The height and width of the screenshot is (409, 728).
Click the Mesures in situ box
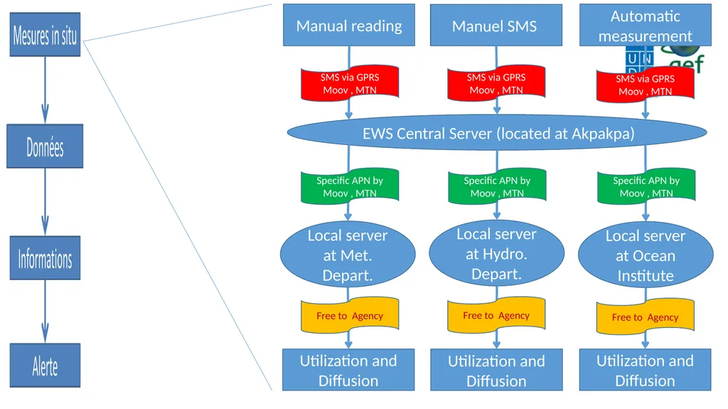[x=45, y=34]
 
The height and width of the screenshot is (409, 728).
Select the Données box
[x=45, y=146]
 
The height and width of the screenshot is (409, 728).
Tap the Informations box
[x=45, y=258]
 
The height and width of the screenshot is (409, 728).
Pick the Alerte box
[x=45, y=366]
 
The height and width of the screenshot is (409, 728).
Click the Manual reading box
[x=349, y=25]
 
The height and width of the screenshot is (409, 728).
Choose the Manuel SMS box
[x=496, y=25]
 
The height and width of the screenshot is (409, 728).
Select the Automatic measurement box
[x=646, y=25]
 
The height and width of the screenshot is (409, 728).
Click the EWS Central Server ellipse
[x=497, y=133]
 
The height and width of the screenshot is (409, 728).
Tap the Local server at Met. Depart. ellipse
[x=348, y=255]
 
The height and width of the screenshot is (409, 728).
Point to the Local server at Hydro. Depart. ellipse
[x=497, y=253]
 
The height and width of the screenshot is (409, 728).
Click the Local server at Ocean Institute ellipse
[x=646, y=255]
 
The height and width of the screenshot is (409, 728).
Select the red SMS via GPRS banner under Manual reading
[x=350, y=83]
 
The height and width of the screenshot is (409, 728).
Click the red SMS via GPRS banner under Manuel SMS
[x=496, y=83]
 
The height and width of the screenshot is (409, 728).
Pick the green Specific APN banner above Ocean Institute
[x=646, y=187]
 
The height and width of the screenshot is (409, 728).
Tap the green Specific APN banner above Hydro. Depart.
[x=497, y=186]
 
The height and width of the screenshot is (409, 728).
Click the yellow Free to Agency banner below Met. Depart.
[x=350, y=315]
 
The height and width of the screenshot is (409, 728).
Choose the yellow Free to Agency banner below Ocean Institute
[x=646, y=317]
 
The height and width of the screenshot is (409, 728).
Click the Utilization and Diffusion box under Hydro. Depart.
[x=496, y=370]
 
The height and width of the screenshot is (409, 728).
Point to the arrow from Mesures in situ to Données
[x=45, y=90]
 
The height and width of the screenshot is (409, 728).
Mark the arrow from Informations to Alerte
[x=45, y=312]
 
